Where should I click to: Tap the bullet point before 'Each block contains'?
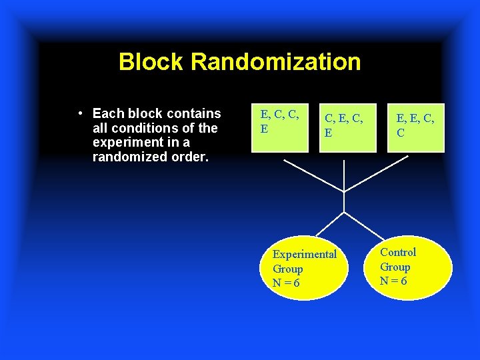click(x=80, y=113)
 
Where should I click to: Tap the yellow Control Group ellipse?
click(x=407, y=266)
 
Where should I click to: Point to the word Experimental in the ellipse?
click(x=305, y=254)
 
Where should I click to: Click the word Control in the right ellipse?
click(x=398, y=252)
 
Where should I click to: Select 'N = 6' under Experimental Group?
click(x=286, y=283)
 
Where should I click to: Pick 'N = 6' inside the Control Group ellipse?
click(x=393, y=281)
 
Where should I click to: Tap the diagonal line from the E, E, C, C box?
click(x=377, y=176)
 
